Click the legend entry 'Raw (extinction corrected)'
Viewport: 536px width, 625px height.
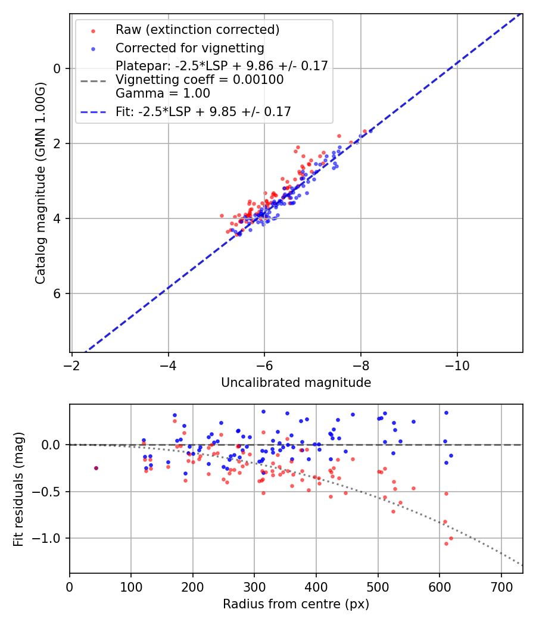pyautogui.click(x=197, y=29)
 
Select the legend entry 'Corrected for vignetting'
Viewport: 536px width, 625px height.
pyautogui.click(x=190, y=48)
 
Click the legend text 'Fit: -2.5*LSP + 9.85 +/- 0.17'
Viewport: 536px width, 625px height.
pyautogui.click(x=203, y=111)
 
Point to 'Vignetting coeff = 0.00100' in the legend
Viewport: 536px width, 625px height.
pyautogui.click(x=200, y=80)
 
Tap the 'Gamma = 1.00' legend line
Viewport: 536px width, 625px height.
pyautogui.click(x=163, y=93)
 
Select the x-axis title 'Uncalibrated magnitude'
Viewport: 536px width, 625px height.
pyautogui.click(x=296, y=383)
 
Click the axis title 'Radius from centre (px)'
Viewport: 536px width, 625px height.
pyautogui.click(x=296, y=604)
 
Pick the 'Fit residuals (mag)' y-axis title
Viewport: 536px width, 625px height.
pyautogui.click(x=18, y=489)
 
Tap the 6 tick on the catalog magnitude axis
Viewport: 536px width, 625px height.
pyautogui.click(x=57, y=293)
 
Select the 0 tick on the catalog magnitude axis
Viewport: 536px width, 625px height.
pyautogui.click(x=57, y=68)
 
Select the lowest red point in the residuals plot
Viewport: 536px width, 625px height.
pyautogui.click(x=446, y=543)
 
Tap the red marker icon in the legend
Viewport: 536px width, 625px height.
pyautogui.click(x=93, y=30)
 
